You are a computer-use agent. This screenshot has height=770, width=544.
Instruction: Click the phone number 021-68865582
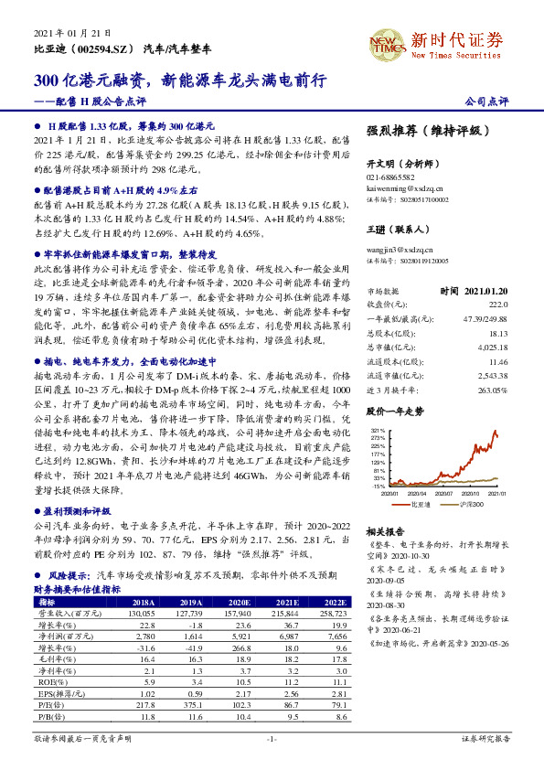(390, 176)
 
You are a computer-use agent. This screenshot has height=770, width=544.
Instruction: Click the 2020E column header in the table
(240, 603)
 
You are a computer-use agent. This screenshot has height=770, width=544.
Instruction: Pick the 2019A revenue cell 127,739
(190, 615)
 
